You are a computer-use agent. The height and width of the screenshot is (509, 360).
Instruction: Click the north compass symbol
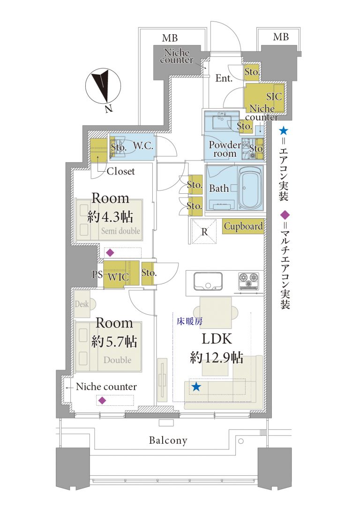pyautogui.click(x=104, y=87)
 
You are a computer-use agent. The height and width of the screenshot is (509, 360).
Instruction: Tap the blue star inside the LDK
pyautogui.click(x=196, y=387)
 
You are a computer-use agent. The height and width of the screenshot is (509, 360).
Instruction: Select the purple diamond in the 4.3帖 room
pyautogui.click(x=110, y=252)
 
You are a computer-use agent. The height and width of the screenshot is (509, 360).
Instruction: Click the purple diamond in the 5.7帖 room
pyautogui.click(x=102, y=400)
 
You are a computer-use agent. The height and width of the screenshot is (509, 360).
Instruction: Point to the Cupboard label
pyautogui.click(x=243, y=227)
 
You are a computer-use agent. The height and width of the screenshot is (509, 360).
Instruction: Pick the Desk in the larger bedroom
pyautogui.click(x=82, y=304)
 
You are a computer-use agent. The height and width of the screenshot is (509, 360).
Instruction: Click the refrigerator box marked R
pyautogui.click(x=204, y=231)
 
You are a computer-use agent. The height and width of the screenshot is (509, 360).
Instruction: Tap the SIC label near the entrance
pyautogui.click(x=274, y=97)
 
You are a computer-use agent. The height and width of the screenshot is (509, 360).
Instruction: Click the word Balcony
pyautogui.click(x=168, y=441)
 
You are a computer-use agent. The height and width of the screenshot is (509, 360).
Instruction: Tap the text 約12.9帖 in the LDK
pyautogui.click(x=216, y=358)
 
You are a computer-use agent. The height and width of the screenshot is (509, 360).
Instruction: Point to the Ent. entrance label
pyautogui.click(x=224, y=78)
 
